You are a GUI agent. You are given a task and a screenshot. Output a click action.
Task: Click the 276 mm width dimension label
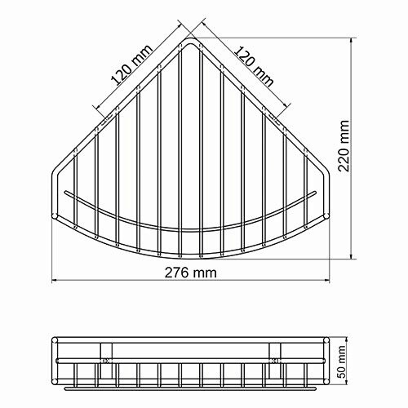tap(189, 273)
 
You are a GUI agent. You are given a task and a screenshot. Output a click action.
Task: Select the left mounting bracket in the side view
tap(107, 356)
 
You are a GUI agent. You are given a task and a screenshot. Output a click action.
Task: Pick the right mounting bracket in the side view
tap(277, 356)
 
